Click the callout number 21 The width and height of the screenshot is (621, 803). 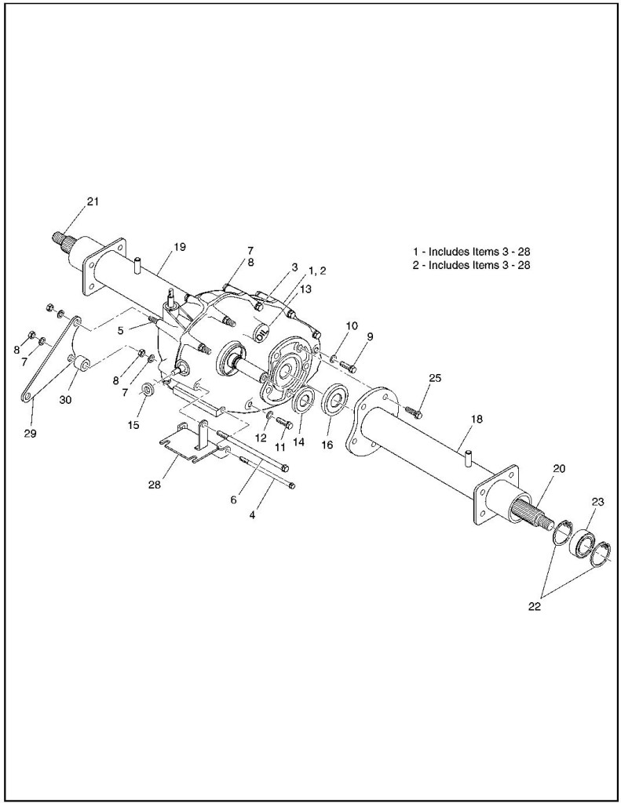(x=93, y=202)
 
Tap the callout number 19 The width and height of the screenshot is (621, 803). (x=180, y=247)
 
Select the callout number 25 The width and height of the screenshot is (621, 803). (x=435, y=378)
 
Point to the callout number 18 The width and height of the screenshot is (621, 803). (x=477, y=420)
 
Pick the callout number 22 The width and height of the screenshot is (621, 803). (x=535, y=605)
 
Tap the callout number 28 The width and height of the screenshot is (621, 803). (x=154, y=485)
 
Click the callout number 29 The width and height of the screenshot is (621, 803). (x=32, y=432)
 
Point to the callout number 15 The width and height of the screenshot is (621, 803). (x=133, y=425)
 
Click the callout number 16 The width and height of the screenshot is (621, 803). (x=327, y=445)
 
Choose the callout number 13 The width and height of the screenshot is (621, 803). (x=305, y=289)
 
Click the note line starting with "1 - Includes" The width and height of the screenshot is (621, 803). (x=477, y=252)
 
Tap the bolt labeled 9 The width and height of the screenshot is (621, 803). (x=349, y=366)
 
